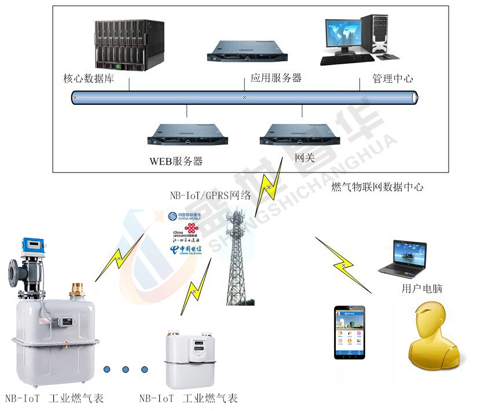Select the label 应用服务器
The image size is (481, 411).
click(x=276, y=78)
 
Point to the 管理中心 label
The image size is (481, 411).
click(x=392, y=79)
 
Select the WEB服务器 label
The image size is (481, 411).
click(x=177, y=162)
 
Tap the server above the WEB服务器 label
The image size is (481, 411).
click(x=187, y=134)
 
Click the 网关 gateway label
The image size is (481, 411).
click(x=304, y=157)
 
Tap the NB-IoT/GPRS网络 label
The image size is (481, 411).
click(x=211, y=195)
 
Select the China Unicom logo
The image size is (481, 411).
click(x=185, y=232)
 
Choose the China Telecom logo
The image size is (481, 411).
click(x=185, y=249)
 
